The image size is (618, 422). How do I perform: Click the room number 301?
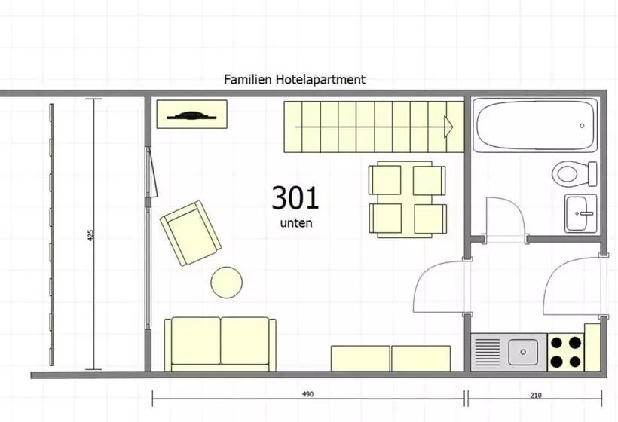pyautogui.click(x=295, y=197)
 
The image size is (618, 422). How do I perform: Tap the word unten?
pyautogui.click(x=296, y=223)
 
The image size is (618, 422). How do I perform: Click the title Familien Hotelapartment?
pyautogui.click(x=295, y=80)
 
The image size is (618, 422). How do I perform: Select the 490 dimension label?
pyautogui.click(x=307, y=394)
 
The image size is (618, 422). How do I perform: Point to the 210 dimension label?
pyautogui.click(x=536, y=395)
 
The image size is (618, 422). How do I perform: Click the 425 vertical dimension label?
pyautogui.click(x=91, y=235)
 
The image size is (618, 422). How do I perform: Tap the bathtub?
pyautogui.click(x=535, y=125)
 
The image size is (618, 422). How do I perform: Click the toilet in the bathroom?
pyautogui.click(x=574, y=173)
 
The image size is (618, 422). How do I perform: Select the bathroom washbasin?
pyautogui.click(x=580, y=213)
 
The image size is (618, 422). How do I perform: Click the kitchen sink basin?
pyautogui.click(x=522, y=352)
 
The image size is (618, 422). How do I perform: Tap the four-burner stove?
pyautogui.click(x=565, y=352)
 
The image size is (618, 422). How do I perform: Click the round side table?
pyautogui.click(x=227, y=283)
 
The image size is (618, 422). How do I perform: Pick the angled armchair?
pyautogui.click(x=191, y=233)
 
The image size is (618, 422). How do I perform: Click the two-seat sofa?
pyautogui.click(x=220, y=344)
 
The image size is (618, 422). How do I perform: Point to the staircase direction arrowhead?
pyautogui.click(x=448, y=127)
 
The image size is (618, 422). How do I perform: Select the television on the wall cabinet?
pyautogui.click(x=191, y=116)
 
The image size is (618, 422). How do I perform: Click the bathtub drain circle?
pyautogui.click(x=582, y=126)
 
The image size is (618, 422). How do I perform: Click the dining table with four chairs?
pyautogui.click(x=408, y=200)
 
